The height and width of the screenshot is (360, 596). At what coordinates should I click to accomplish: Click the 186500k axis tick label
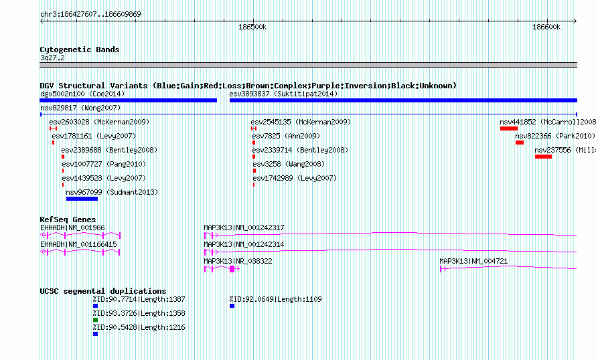click(252, 27)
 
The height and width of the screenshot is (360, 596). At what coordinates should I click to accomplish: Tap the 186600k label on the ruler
click(546, 27)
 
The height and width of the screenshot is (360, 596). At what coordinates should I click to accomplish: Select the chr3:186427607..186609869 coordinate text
click(90, 14)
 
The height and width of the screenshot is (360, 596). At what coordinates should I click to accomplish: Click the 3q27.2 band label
click(52, 58)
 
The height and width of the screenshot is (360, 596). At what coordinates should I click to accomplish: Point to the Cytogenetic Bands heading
click(80, 50)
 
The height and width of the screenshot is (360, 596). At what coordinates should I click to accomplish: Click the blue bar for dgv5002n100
click(128, 100)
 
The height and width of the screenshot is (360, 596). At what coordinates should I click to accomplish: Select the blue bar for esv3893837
click(403, 100)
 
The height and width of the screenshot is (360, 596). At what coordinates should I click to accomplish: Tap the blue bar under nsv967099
click(82, 199)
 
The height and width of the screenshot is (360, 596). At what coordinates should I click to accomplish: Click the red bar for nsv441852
click(508, 128)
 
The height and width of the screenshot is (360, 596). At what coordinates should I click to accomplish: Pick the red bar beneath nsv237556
click(543, 157)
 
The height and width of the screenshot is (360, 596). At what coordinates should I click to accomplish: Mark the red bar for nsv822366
click(520, 143)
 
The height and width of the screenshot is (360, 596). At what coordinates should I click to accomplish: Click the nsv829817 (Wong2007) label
click(80, 108)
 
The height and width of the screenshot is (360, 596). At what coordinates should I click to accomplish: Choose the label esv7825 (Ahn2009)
click(286, 136)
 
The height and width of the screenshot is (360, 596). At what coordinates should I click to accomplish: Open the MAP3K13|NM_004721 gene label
click(473, 261)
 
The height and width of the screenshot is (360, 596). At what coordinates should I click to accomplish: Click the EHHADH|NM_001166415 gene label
click(78, 244)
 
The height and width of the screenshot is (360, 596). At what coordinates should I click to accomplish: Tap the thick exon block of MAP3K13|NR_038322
click(232, 269)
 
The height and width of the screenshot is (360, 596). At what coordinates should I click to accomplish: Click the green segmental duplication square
click(95, 320)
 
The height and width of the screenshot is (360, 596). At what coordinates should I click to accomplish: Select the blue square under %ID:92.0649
click(232, 306)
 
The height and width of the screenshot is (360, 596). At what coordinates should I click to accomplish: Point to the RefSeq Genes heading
click(68, 219)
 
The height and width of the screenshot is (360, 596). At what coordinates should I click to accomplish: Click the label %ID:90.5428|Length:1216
click(139, 327)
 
